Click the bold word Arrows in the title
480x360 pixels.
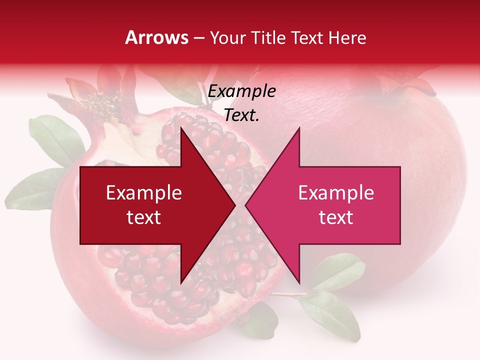156,37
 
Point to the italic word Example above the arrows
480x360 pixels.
242,91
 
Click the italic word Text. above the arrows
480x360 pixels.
242,115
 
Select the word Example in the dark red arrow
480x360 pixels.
144,192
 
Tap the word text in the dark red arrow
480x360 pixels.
144,217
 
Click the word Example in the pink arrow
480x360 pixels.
336,192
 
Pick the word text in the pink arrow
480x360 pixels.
336,217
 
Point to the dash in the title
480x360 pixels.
198,38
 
